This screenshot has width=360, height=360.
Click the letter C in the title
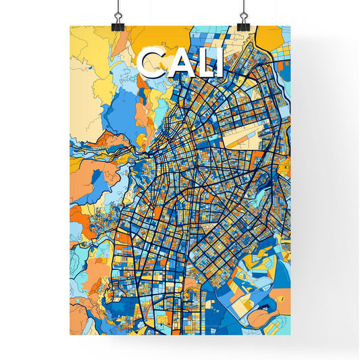[x=149, y=62]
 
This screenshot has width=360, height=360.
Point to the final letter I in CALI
[x=217, y=62]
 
